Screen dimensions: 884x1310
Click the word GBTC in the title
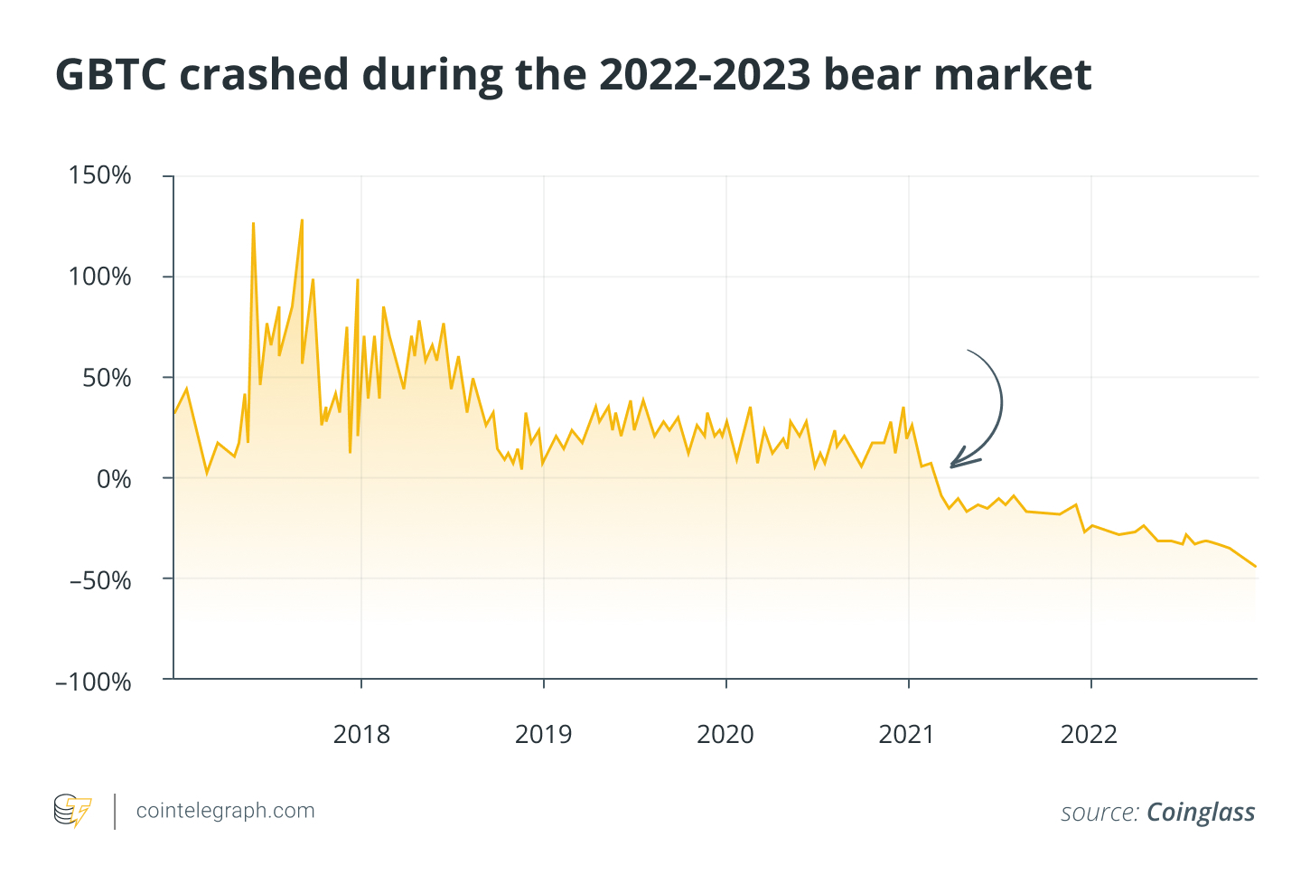click(x=111, y=75)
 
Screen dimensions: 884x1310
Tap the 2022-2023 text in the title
click(x=705, y=75)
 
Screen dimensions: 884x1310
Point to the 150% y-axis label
click(x=100, y=175)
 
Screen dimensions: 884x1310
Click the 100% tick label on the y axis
click(x=100, y=277)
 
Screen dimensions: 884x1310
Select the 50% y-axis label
click(x=107, y=378)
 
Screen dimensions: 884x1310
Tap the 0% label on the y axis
click(x=114, y=479)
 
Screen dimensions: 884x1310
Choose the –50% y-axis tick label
click(x=100, y=580)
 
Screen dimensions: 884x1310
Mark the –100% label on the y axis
click(x=94, y=682)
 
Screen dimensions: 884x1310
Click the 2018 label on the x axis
click(x=361, y=734)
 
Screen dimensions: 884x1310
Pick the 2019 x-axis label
click(x=543, y=734)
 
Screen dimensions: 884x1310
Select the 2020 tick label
click(x=725, y=734)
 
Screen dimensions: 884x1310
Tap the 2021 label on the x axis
click(x=907, y=734)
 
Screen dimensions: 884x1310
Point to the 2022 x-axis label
click(x=1089, y=734)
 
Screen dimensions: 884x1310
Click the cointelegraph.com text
click(x=225, y=811)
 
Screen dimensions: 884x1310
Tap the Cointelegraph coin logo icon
click(x=72, y=811)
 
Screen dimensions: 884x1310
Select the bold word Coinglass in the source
click(x=1201, y=813)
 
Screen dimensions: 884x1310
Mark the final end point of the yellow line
click(x=1256, y=567)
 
